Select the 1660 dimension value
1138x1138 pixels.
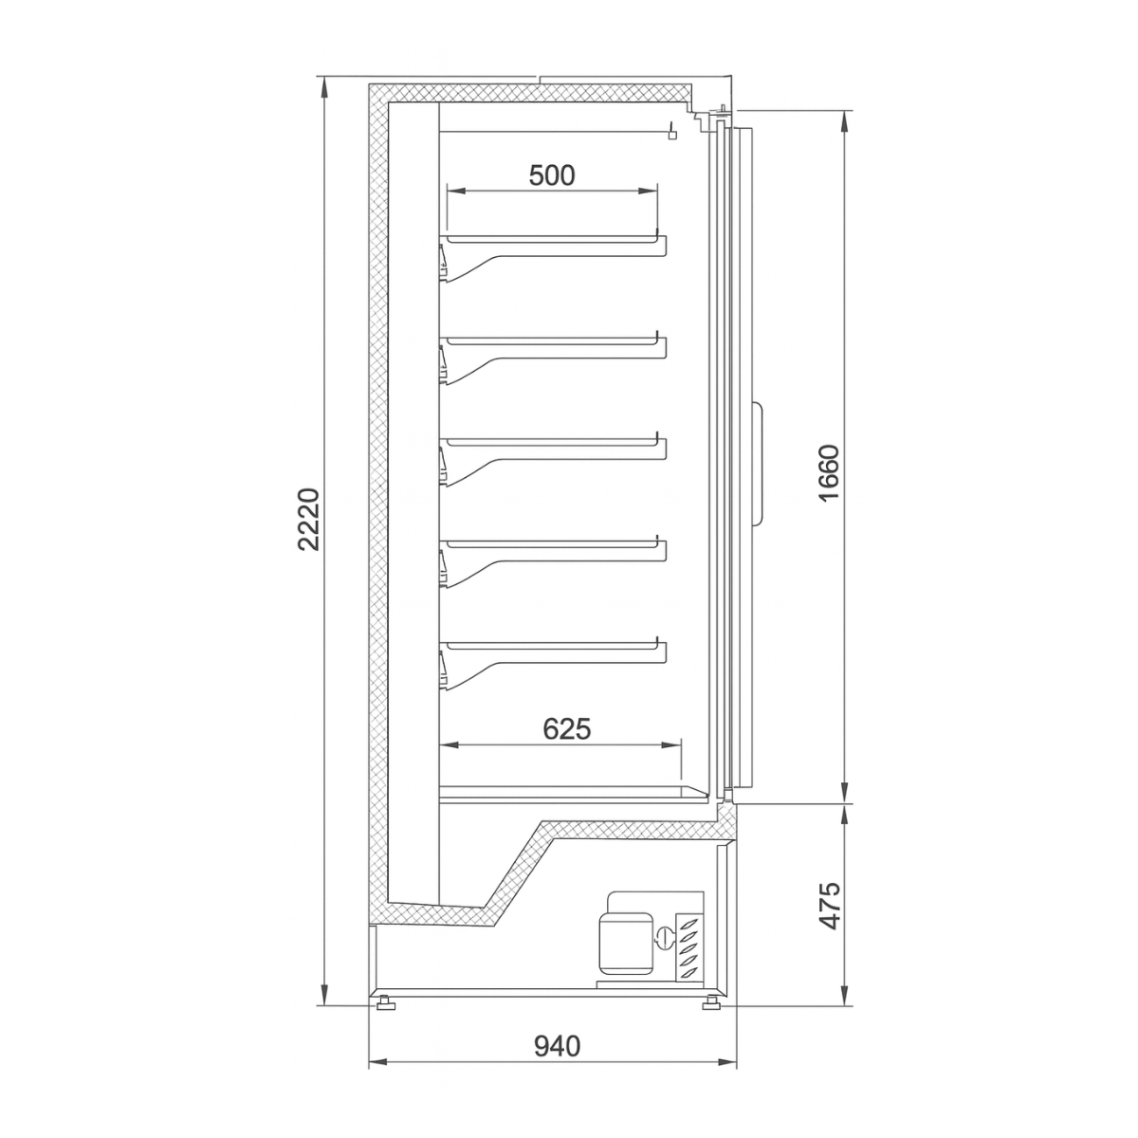pos(827,473)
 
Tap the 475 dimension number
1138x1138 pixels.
pos(829,906)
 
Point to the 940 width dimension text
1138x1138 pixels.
pos(557,1046)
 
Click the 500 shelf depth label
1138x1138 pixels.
pos(552,175)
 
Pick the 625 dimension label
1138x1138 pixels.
pos(566,728)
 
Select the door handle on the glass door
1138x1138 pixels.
pos(760,465)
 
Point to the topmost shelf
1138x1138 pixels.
pos(555,244)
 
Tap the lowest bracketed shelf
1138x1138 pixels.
pos(555,649)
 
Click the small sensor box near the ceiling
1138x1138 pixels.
pos(672,134)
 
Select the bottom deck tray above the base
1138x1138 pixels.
pos(569,791)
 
